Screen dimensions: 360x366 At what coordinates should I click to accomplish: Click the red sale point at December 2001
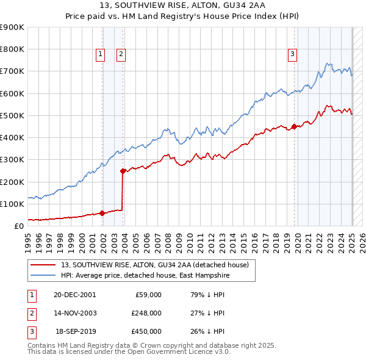[x=102, y=213]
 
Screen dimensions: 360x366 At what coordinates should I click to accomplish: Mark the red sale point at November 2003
[x=123, y=171]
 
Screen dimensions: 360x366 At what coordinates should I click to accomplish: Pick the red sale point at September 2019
[x=294, y=127]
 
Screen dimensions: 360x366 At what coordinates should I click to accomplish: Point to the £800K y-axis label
[x=12, y=49]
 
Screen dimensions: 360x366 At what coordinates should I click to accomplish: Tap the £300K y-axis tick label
[x=12, y=160]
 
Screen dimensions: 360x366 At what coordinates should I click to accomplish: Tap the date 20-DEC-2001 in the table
[x=75, y=295]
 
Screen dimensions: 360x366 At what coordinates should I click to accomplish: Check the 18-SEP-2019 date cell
[x=76, y=331]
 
